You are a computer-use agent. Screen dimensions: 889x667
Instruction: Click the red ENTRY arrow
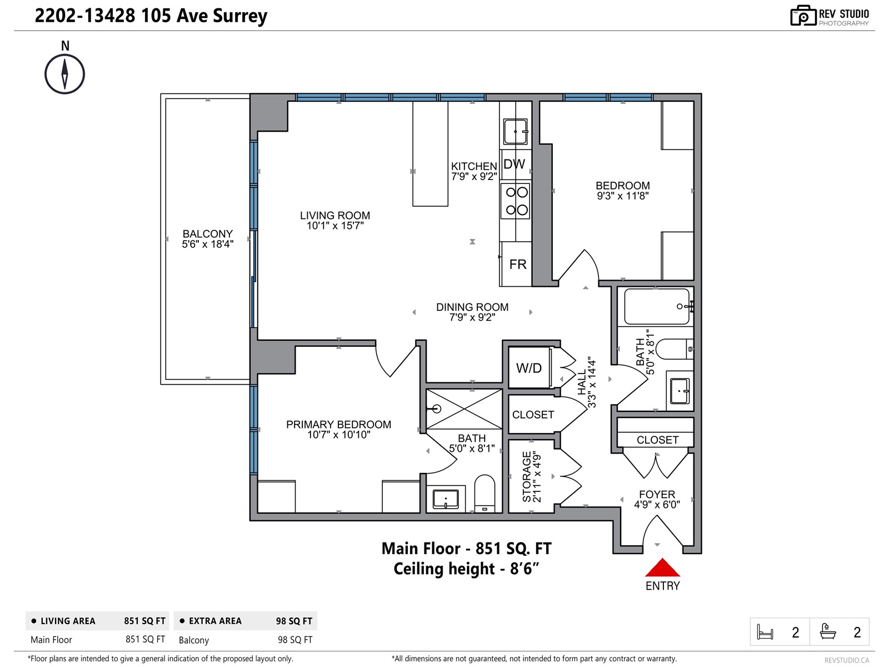[x=662, y=567]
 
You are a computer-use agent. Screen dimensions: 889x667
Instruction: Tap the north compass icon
[x=64, y=74]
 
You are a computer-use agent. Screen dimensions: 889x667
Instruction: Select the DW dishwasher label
[x=514, y=164]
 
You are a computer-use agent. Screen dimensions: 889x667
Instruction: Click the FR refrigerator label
[x=518, y=265]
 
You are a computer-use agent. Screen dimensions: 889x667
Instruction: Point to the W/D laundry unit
[x=528, y=368]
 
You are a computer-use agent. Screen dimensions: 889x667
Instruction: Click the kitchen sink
[x=515, y=132]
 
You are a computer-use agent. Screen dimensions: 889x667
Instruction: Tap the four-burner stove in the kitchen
[x=515, y=201]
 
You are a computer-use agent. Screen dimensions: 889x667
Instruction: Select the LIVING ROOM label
[x=335, y=216]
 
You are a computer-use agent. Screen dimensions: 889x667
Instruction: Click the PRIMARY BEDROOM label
[x=338, y=425]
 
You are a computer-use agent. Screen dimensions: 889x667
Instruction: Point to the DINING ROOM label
[x=472, y=307]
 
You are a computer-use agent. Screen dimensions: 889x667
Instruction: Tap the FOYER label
[x=657, y=495]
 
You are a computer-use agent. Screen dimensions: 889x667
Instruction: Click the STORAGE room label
[x=527, y=477]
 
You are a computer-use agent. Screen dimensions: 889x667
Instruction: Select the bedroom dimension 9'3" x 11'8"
[x=622, y=196]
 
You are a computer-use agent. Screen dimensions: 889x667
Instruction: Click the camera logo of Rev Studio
[x=803, y=16]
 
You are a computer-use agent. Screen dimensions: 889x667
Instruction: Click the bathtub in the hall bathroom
[x=657, y=306]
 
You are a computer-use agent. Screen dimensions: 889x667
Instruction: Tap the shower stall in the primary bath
[x=464, y=409]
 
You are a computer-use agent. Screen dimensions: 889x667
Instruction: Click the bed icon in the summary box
[x=765, y=632]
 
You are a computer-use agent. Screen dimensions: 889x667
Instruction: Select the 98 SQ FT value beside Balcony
[x=295, y=640]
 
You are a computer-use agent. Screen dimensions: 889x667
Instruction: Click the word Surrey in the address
[x=240, y=16]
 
